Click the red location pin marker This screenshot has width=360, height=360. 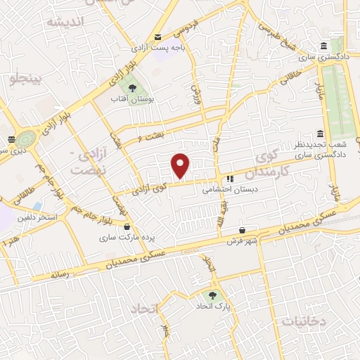(181, 165)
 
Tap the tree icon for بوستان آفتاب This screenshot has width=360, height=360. (132, 88)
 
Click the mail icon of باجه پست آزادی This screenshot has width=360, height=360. (157, 37)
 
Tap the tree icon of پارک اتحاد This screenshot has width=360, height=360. (213, 295)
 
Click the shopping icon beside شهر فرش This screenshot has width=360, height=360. (243, 229)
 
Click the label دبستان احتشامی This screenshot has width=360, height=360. (231, 189)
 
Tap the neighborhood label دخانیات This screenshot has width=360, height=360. (304, 321)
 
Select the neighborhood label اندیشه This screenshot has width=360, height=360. (65, 22)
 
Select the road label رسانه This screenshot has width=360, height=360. (58, 275)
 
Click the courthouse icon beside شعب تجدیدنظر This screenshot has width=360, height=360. (320, 134)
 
